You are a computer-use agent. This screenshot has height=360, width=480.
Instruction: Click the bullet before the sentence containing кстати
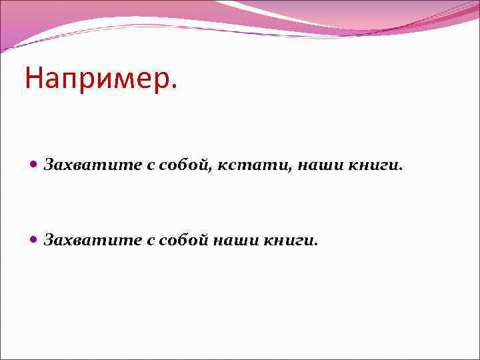click(x=34, y=165)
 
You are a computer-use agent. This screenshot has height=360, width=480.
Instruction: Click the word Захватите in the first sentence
click(x=92, y=165)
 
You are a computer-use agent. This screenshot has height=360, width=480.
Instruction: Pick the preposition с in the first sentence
click(x=150, y=166)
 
